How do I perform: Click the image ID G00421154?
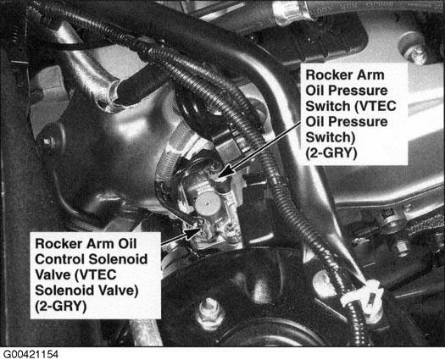[x=31, y=354]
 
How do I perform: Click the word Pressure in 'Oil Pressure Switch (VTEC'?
[x=359, y=91]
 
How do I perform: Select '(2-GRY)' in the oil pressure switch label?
[x=331, y=153]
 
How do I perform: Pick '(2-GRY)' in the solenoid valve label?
[x=61, y=307]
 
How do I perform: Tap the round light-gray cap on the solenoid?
[x=207, y=204]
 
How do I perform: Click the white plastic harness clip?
[x=362, y=296]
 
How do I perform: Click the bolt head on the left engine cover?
[x=47, y=141]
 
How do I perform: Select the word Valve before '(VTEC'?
[x=52, y=274]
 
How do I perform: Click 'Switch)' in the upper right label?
[x=331, y=137]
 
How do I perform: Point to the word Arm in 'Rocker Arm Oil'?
[x=98, y=244]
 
